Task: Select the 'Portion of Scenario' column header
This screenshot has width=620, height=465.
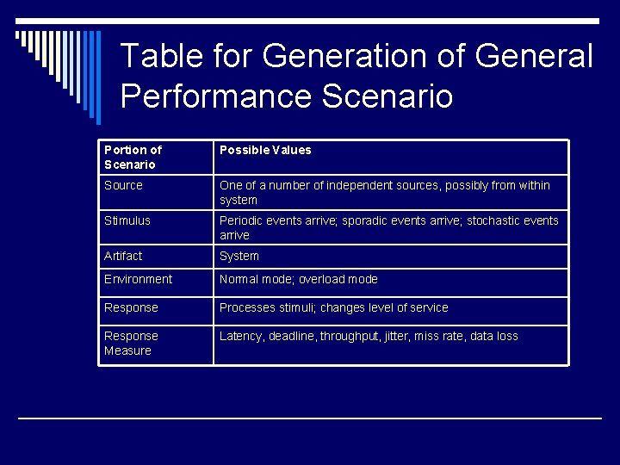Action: (x=133, y=157)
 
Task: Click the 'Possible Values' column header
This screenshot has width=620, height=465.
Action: (x=265, y=150)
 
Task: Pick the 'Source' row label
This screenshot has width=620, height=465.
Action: (x=123, y=185)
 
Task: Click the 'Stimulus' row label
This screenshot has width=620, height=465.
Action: (x=127, y=220)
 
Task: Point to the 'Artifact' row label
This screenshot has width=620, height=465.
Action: (x=123, y=256)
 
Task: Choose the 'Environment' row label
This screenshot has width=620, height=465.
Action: (x=138, y=279)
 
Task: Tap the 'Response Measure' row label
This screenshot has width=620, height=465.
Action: (x=131, y=343)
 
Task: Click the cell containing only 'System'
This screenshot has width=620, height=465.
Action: (x=239, y=256)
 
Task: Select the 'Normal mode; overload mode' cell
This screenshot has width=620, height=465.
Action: (x=298, y=279)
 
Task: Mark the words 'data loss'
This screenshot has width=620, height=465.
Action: (x=493, y=336)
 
